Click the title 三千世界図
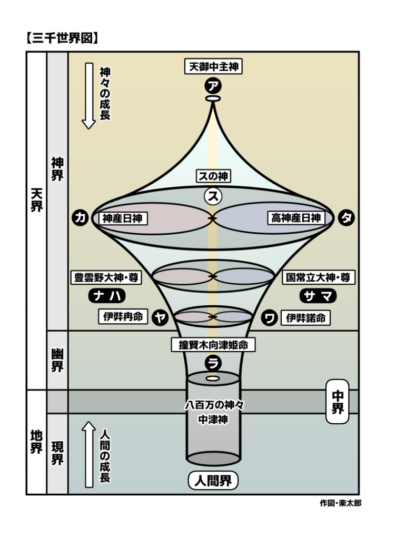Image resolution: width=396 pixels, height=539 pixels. tap(63, 38)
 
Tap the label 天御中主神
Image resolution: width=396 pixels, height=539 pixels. tap(213, 67)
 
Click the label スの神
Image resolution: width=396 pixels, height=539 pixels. tap(213, 176)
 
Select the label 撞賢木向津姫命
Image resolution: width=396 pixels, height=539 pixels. tap(213, 345)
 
